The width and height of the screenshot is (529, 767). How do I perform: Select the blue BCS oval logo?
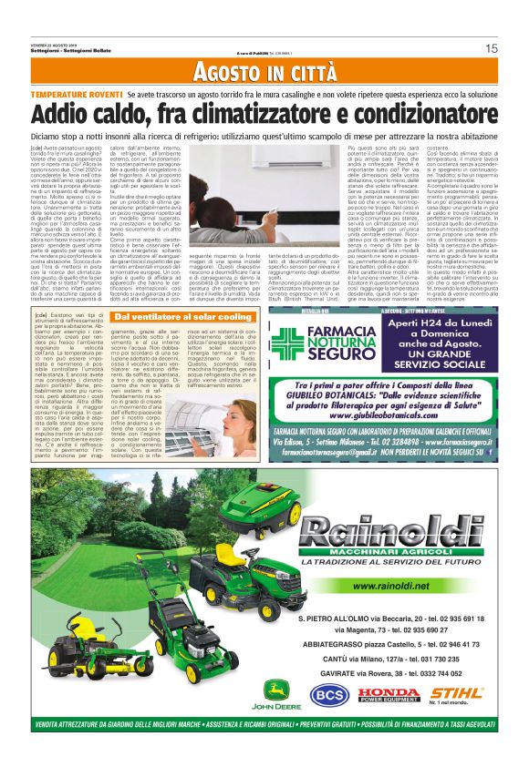click(329, 694)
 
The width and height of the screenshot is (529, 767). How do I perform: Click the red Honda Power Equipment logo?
click(389, 694)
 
